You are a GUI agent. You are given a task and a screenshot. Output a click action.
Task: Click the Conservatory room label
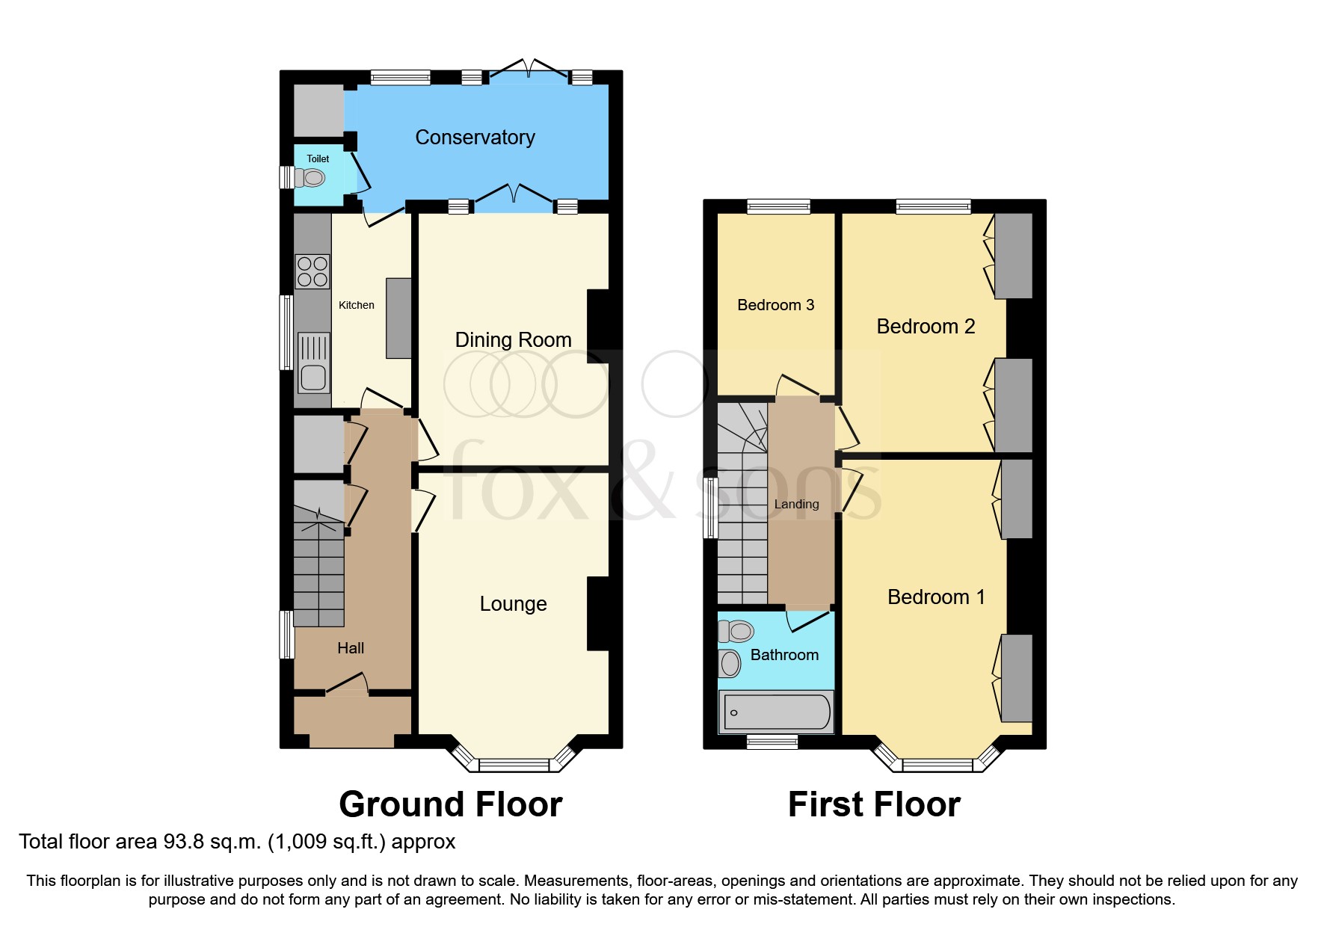tap(475, 138)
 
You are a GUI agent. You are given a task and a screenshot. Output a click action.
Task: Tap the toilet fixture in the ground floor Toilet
tap(311, 178)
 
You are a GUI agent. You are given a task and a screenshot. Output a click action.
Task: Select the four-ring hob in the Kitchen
tap(312, 271)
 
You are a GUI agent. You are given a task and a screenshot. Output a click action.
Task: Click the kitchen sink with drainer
tap(313, 363)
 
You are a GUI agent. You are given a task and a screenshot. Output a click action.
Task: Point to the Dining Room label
tap(513, 340)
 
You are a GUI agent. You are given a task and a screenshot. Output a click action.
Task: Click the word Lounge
tap(513, 604)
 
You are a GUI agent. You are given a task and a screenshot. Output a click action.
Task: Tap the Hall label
tap(351, 648)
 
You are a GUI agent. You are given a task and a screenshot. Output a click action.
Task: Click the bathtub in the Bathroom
tap(777, 712)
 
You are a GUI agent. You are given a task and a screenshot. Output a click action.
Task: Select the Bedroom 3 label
tap(775, 305)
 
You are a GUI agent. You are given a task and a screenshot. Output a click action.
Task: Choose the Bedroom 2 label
tap(926, 327)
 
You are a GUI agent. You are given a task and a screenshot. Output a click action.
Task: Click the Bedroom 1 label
tap(936, 597)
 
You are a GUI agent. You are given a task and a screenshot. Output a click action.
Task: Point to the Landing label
tap(796, 505)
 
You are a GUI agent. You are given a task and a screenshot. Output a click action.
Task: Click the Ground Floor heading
tap(450, 805)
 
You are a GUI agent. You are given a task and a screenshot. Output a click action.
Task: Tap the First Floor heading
tap(874, 805)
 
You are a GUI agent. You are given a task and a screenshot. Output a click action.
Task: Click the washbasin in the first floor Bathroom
tap(730, 663)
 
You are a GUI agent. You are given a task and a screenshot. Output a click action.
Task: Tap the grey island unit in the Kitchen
tap(398, 318)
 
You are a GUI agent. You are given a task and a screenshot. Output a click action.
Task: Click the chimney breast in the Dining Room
tap(599, 326)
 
